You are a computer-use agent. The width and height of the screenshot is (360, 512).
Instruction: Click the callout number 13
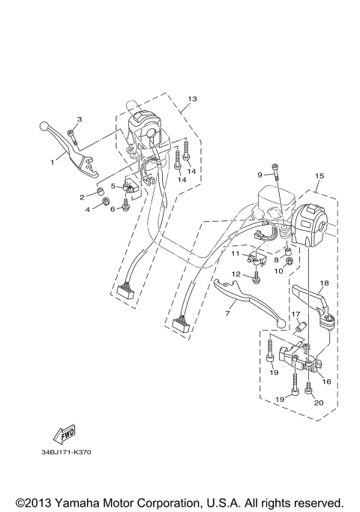click(192, 99)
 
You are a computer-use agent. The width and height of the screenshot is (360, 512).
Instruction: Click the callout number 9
click(260, 175)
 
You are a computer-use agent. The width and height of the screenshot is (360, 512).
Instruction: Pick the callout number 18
click(324, 283)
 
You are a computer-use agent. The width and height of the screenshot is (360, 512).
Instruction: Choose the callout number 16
click(326, 381)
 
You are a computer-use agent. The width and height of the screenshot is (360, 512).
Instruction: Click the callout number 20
click(318, 403)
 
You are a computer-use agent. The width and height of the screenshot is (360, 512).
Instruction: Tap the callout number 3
click(79, 119)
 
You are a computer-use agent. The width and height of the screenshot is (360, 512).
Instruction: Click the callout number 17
click(295, 314)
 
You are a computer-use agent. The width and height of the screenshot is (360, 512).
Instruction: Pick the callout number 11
click(235, 253)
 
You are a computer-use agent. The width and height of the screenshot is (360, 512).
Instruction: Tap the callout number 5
click(113, 185)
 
